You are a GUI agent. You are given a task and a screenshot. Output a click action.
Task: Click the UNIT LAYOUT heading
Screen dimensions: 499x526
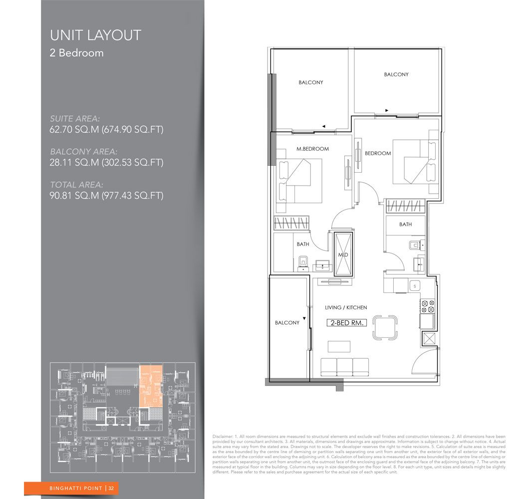95,35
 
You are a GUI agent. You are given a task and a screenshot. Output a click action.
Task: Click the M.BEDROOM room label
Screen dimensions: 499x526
312,149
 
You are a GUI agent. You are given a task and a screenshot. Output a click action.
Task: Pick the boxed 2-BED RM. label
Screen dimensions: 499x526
347,323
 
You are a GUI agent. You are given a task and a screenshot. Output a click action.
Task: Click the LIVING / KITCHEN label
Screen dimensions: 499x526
346,308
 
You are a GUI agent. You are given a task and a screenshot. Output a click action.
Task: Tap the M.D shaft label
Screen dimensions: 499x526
343,254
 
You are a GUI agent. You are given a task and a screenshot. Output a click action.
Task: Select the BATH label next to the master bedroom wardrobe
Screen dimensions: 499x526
303,244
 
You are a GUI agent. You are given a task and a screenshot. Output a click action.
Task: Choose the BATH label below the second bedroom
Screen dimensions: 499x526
405,225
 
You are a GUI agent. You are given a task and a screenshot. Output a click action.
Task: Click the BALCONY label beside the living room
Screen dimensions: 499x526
287,323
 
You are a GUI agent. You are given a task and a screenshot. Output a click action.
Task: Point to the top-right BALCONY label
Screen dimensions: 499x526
396,74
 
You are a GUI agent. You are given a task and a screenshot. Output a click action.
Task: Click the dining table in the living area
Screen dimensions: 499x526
386,327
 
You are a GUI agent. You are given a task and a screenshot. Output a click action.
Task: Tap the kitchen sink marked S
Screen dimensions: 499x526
414,285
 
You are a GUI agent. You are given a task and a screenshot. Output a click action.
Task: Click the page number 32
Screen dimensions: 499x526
112,488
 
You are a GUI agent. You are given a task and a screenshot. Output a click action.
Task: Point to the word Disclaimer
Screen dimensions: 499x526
223,436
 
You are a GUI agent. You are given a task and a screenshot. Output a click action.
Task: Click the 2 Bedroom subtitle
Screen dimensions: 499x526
76,53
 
